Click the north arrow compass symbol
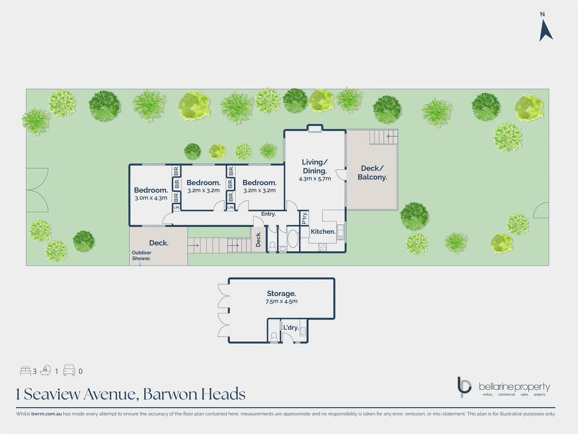545,29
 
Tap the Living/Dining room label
315,166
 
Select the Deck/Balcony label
372,173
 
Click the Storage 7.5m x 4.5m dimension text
281,301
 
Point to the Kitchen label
323,231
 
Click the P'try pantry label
304,218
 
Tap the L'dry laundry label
291,328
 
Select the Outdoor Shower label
142,256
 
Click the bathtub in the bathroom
293,239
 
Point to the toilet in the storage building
274,336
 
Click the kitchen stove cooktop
322,247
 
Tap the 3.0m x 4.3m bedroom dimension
151,198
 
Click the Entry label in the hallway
268,214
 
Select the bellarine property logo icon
464,387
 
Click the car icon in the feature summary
69,371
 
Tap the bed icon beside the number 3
25,371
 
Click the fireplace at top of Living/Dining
314,129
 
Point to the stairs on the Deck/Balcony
383,137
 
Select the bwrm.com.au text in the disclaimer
46,414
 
